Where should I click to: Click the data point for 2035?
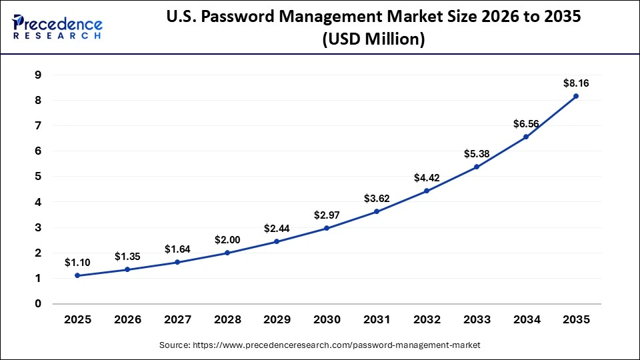coord(576,96)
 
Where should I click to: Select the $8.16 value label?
coord(576,83)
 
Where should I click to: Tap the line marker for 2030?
coord(327,228)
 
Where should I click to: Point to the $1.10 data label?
coord(77,263)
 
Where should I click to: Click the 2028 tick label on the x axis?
coord(227,319)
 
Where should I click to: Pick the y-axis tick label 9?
coord(37,75)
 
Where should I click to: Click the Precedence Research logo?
coord(57,26)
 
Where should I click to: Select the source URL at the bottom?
coord(320,345)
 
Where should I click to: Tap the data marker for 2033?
coord(476,167)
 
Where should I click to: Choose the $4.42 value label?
coord(427,178)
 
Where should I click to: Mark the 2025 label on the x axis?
coord(77,319)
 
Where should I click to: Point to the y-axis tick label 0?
coord(37,304)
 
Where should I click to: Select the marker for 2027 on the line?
coord(177,262)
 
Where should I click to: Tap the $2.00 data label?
coord(227,240)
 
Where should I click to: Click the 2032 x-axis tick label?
coord(427,319)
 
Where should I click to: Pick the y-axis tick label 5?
coord(37,177)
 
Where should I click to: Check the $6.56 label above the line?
coord(526,124)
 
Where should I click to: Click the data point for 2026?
coord(127,269)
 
